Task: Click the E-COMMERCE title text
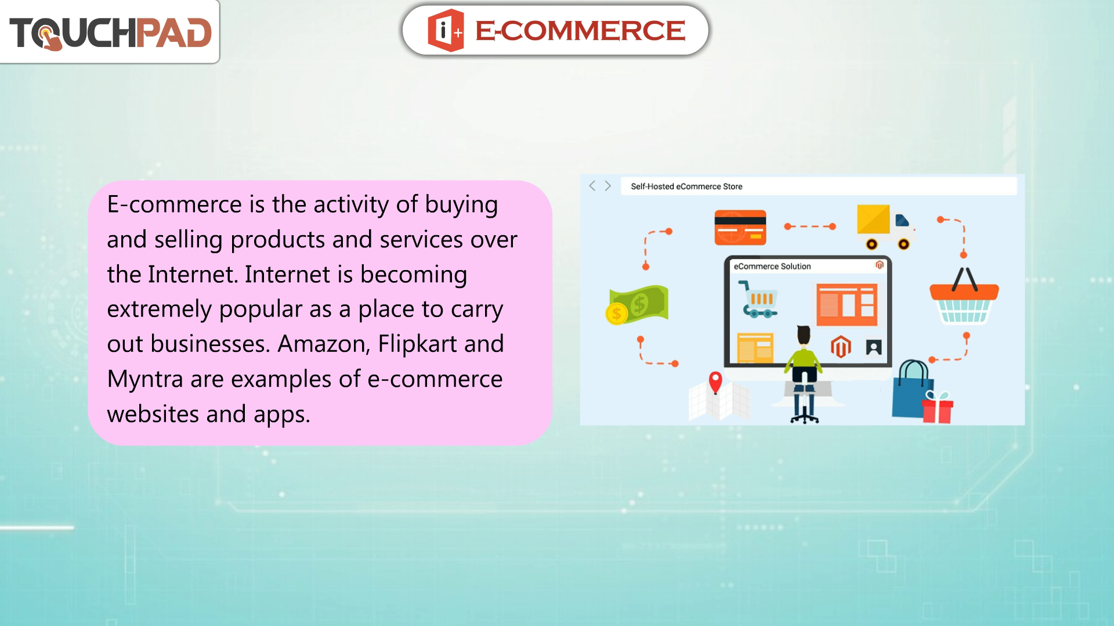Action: click(x=580, y=31)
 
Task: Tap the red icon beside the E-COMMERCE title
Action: click(x=446, y=31)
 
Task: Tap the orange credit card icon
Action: click(x=740, y=227)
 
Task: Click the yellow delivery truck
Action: click(x=885, y=227)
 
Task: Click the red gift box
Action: click(x=938, y=408)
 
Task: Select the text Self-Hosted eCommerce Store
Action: click(x=686, y=186)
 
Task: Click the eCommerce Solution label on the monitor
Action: click(x=772, y=267)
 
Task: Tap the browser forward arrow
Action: click(x=608, y=186)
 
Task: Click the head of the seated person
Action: click(x=804, y=335)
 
